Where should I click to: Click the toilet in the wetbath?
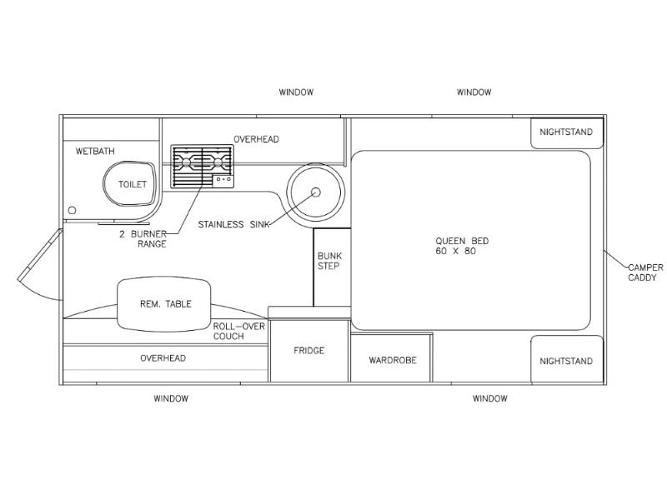click(130, 183)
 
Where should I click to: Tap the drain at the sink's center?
click(316, 192)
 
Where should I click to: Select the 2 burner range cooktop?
click(202, 166)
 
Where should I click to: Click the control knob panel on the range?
click(223, 180)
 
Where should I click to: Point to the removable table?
click(163, 304)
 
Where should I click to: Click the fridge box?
click(309, 350)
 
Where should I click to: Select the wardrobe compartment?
click(391, 358)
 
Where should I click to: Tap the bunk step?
click(332, 267)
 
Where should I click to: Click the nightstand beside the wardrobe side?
click(567, 359)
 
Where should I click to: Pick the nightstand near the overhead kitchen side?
click(567, 132)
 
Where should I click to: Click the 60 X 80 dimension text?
click(455, 252)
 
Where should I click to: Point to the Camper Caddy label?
click(645, 272)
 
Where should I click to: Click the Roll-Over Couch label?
click(238, 331)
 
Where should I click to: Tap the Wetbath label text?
click(95, 152)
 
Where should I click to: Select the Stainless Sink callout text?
click(233, 224)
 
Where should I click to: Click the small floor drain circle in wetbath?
click(73, 210)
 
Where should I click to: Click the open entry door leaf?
click(40, 255)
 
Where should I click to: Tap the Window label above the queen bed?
click(474, 92)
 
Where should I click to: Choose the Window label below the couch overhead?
click(171, 399)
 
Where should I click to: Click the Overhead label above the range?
click(256, 139)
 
